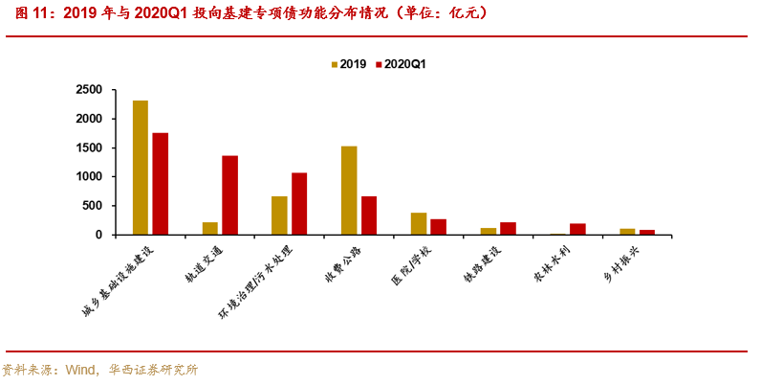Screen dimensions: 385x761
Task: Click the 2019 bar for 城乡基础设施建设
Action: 141,168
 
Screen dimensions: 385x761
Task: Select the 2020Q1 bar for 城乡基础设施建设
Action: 161,184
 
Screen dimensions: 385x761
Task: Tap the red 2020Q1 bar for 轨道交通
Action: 229,195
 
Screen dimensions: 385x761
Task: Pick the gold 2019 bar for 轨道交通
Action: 210,229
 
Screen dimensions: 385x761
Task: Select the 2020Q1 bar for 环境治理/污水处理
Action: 299,204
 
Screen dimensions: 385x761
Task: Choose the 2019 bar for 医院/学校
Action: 419,224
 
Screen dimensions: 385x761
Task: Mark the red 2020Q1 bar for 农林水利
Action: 577,229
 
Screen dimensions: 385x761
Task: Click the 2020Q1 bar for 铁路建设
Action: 508,229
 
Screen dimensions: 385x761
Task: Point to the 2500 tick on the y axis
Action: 91,90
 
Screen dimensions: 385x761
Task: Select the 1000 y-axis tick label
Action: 91,177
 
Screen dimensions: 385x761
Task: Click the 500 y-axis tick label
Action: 95,206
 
